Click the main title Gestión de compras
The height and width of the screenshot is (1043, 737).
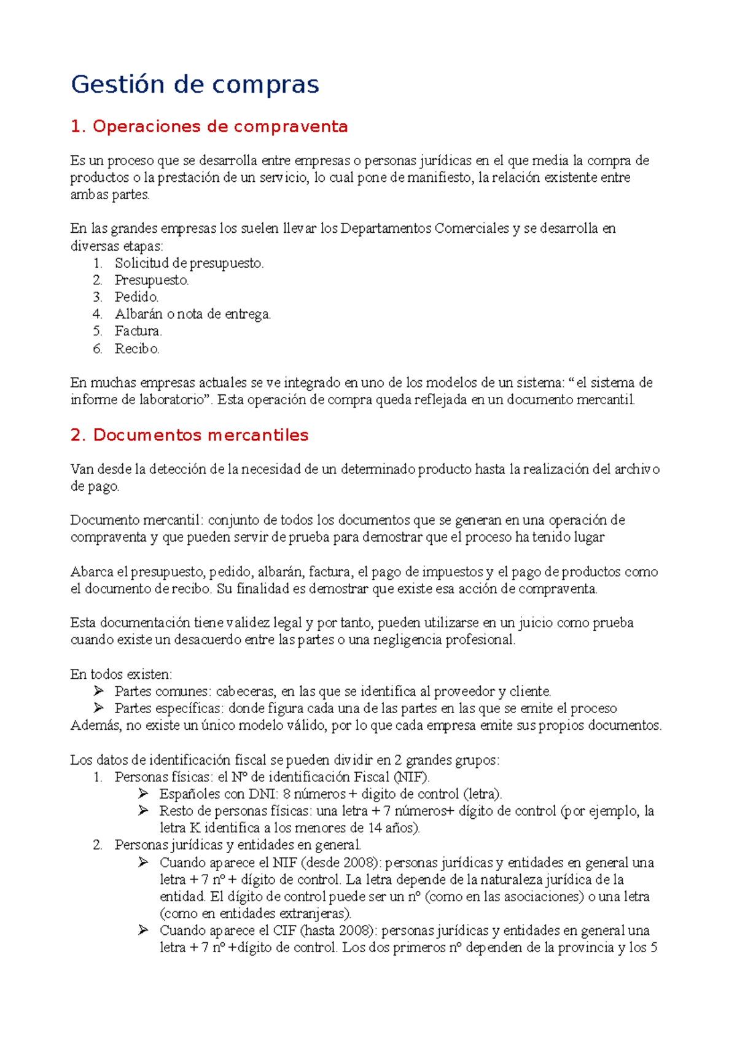tap(195, 84)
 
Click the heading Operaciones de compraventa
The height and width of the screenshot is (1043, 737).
tap(209, 127)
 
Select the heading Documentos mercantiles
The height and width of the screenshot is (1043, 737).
tap(189, 435)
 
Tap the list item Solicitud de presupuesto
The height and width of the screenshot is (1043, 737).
tap(189, 263)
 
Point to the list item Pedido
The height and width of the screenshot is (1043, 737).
tap(136, 297)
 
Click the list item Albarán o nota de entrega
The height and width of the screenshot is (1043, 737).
tap(192, 314)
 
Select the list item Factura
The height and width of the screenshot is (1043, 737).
tap(138, 332)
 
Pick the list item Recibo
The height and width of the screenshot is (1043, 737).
tap(137, 349)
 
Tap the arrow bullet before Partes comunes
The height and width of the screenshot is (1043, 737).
tap(99, 690)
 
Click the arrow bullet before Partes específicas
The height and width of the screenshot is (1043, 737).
tap(99, 708)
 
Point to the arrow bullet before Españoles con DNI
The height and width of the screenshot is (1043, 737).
tap(144, 793)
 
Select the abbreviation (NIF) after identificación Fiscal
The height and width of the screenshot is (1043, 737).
tap(411, 777)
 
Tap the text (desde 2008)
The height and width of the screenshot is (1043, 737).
tap(341, 862)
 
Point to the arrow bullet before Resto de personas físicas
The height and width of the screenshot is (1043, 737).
tap(144, 810)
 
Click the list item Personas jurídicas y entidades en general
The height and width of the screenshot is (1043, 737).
tap(238, 845)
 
